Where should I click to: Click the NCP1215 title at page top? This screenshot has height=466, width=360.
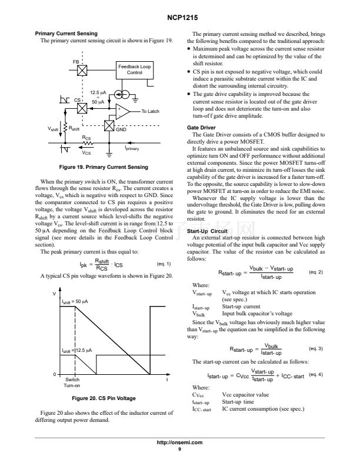click(x=180, y=18)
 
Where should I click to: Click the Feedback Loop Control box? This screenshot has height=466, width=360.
click(x=135, y=69)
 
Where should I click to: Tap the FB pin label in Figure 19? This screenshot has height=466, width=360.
click(x=76, y=61)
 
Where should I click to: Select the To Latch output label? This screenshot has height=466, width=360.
click(x=151, y=111)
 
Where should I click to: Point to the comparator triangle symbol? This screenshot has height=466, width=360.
click(x=122, y=111)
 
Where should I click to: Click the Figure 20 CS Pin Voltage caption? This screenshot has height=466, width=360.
click(x=106, y=398)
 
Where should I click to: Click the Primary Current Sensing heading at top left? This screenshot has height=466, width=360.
click(x=66, y=34)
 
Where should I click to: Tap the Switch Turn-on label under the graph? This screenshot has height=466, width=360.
click(x=72, y=382)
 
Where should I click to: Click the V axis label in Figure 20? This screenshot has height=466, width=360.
click(x=54, y=293)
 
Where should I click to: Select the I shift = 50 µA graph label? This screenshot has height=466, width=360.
click(x=75, y=302)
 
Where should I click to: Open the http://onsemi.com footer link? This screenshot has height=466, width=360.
click(x=180, y=442)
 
